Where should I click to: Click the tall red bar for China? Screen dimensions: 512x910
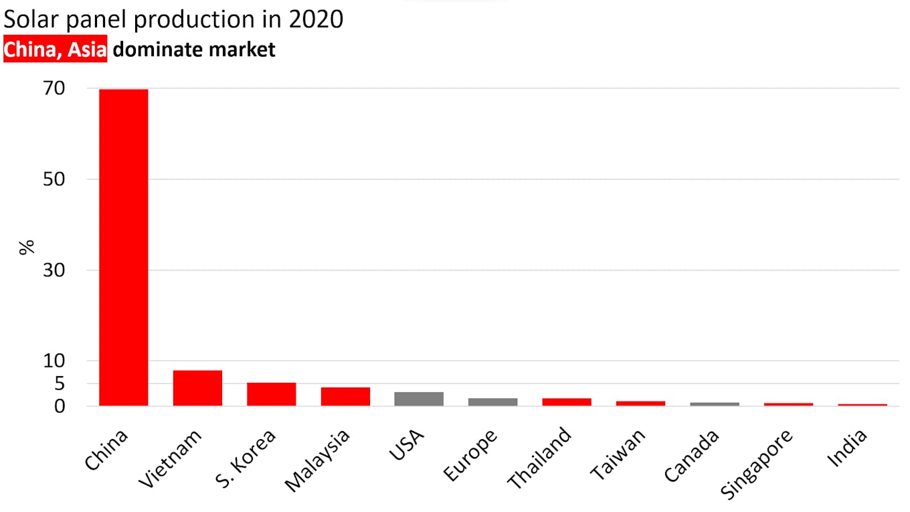124,248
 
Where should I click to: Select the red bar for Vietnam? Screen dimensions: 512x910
197,388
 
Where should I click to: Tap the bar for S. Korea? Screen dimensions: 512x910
271,394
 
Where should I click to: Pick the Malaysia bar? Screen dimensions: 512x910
345,396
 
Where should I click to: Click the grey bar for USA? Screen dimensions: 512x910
419,399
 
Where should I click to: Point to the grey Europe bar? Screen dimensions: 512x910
492,402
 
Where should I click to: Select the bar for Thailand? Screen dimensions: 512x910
567,402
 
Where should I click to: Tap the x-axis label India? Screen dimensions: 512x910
848,448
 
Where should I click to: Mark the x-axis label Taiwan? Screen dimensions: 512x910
618,454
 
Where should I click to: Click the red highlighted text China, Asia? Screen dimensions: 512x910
56,50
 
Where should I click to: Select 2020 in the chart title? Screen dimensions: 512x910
316,19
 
